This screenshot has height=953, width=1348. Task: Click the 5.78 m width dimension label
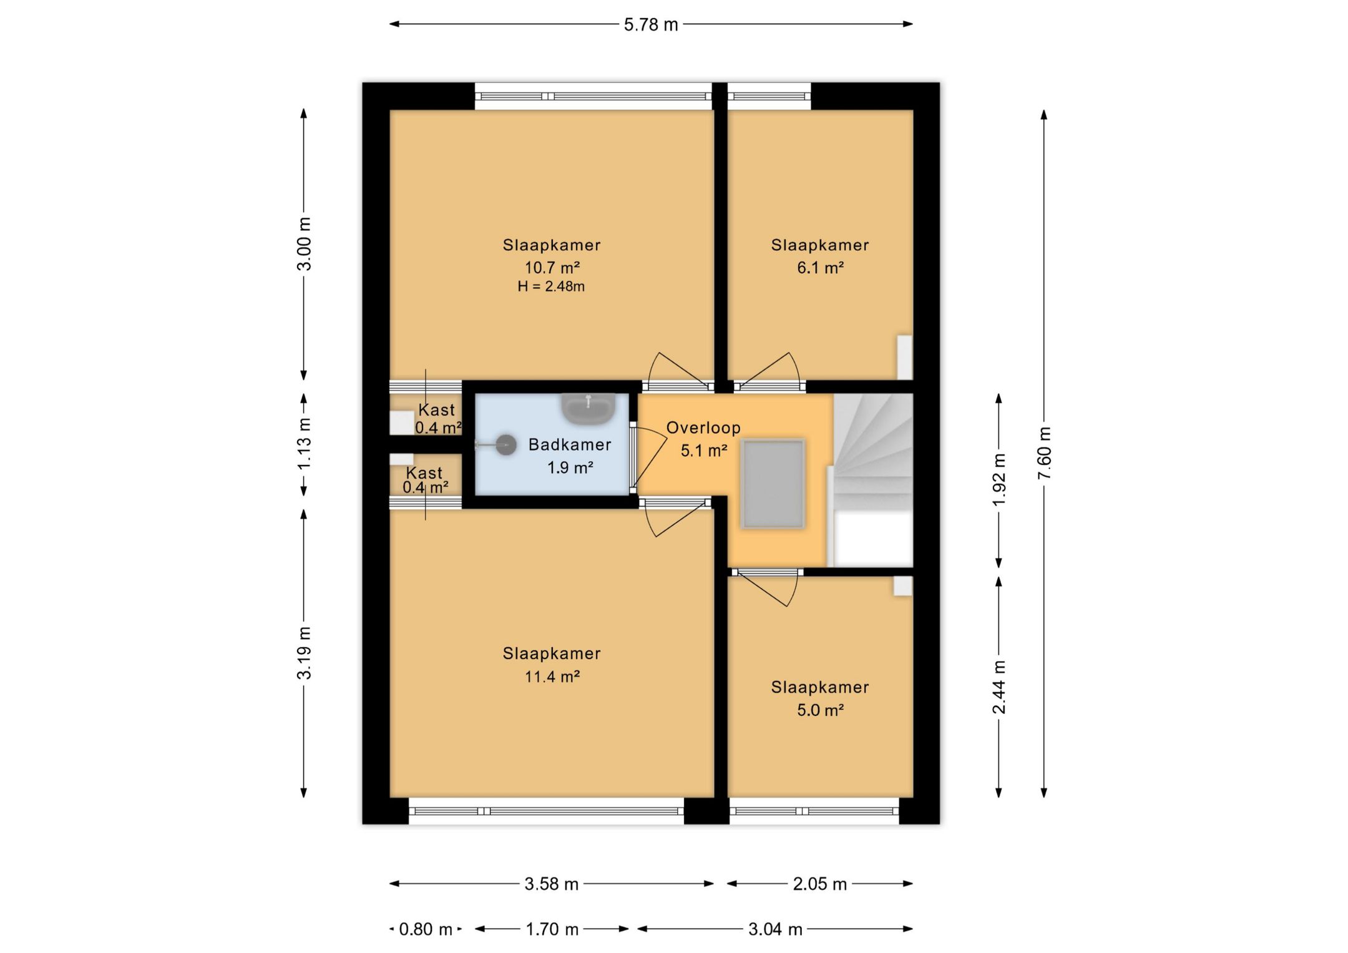[651, 24]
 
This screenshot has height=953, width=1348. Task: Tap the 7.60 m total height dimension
[1044, 453]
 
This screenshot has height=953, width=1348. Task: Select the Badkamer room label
[569, 444]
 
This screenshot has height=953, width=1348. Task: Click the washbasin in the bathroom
[589, 408]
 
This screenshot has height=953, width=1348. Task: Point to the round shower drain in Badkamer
[506, 445]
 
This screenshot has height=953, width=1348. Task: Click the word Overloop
[703, 428]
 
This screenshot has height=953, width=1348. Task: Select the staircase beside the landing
[873, 480]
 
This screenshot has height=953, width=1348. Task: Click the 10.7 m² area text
[552, 268]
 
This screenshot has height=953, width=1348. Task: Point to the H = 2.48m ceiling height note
[551, 286]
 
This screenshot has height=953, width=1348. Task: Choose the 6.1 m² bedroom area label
[820, 268]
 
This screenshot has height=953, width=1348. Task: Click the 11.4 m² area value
[552, 677]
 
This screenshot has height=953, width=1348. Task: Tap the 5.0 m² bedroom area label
[820, 710]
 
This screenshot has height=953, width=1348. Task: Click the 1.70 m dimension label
[552, 929]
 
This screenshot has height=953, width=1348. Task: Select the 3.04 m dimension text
[775, 929]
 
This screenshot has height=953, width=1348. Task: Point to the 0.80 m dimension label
[426, 929]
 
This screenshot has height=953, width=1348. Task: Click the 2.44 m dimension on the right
[999, 687]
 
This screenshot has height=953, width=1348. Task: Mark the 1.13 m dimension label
[304, 444]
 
